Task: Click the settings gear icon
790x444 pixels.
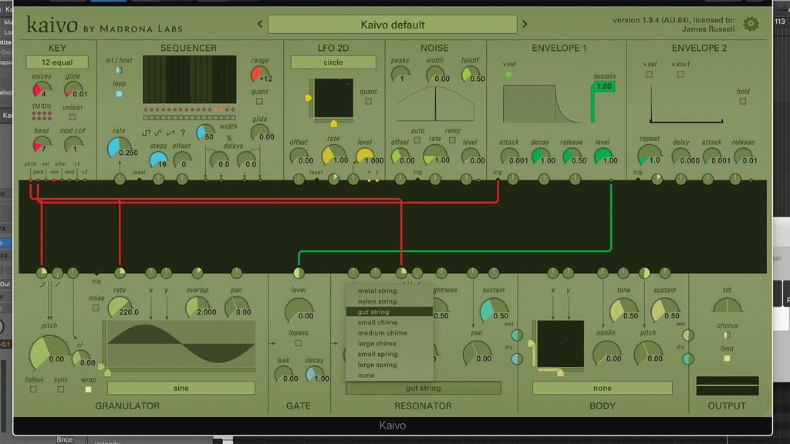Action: pyautogui.click(x=751, y=24)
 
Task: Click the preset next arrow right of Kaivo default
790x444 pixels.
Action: pyautogui.click(x=525, y=25)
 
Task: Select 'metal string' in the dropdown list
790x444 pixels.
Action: pyautogui.click(x=377, y=291)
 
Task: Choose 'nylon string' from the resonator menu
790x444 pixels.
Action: pyautogui.click(x=377, y=301)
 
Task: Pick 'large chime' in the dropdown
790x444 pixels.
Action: pyautogui.click(x=377, y=344)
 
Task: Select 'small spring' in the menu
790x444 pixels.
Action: pyautogui.click(x=377, y=355)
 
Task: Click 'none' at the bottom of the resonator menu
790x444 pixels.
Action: pyautogui.click(x=366, y=375)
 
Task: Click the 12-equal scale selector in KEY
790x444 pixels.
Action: pyautogui.click(x=57, y=62)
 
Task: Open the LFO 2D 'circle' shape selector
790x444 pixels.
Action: pyautogui.click(x=333, y=62)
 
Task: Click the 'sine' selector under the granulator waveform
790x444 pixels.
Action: pyautogui.click(x=181, y=388)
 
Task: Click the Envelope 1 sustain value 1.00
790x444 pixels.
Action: pyautogui.click(x=603, y=86)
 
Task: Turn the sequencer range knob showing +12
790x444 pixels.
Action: pyautogui.click(x=259, y=74)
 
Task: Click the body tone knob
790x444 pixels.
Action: pyautogui.click(x=623, y=310)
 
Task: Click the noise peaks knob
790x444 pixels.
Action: pyautogui.click(x=400, y=74)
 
